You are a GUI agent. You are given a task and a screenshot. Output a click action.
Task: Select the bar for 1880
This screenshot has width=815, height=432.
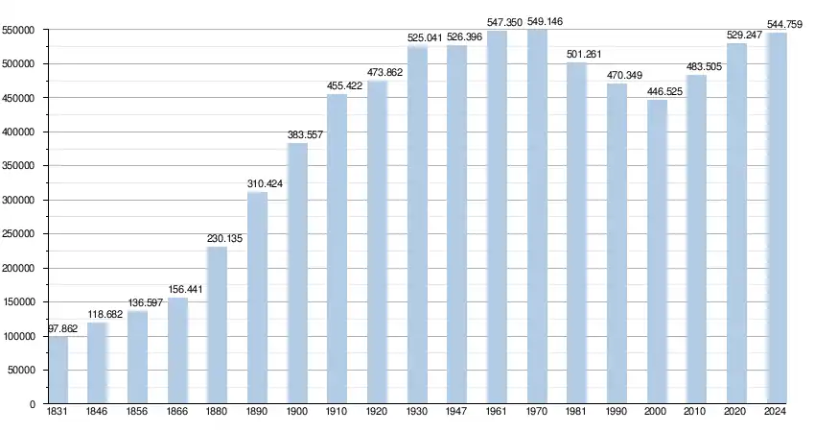pyautogui.click(x=218, y=324)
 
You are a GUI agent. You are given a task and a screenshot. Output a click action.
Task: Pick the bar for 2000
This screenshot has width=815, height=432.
pyautogui.click(x=657, y=252)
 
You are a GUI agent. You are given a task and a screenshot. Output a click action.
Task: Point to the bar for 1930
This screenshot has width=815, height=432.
pyautogui.click(x=417, y=225)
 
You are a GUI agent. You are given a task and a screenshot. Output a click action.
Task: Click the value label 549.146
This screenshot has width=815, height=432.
pyautogui.click(x=544, y=21)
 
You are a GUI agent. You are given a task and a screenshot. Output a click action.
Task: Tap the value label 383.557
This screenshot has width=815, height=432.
pyautogui.click(x=304, y=135)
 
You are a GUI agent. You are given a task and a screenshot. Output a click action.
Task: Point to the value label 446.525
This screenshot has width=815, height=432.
pyautogui.click(x=664, y=92)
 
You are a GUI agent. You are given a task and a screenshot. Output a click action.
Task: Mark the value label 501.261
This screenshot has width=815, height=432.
pyautogui.click(x=584, y=55)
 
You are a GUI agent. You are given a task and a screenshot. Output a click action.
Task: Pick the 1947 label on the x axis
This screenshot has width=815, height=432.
pyautogui.click(x=457, y=412)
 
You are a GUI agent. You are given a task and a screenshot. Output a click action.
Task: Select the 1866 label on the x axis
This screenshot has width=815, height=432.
pyautogui.click(x=178, y=412)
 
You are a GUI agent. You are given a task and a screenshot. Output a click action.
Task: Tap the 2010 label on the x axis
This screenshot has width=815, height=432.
pyautogui.click(x=697, y=412)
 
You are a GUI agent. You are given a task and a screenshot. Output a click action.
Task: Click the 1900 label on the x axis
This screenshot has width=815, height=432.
pyautogui.click(x=298, y=412)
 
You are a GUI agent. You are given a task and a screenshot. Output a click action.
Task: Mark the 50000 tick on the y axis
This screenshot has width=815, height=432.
pyautogui.click(x=23, y=371)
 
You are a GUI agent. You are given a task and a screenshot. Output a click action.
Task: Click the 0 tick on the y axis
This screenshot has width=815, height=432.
pyautogui.click(x=33, y=404)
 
